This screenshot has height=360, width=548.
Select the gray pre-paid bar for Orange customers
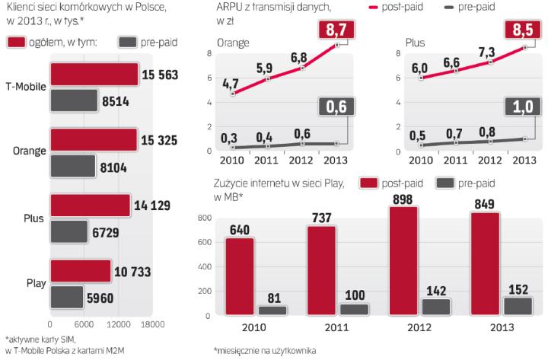72,167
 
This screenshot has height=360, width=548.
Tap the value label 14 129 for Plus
153,205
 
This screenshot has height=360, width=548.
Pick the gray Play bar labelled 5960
65,297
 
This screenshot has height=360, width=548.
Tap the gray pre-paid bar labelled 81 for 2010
272,310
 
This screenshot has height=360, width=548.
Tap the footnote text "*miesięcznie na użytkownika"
265,350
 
